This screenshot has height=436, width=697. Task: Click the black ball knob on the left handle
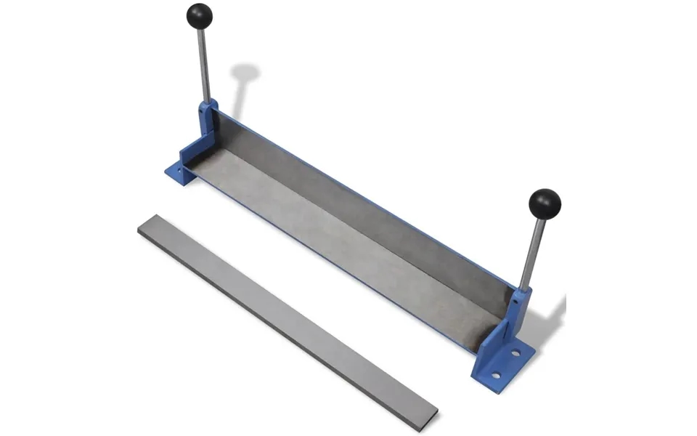click(200, 15)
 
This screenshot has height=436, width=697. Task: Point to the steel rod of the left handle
click(204, 65)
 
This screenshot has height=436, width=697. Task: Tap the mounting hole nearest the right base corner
click(497, 375)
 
